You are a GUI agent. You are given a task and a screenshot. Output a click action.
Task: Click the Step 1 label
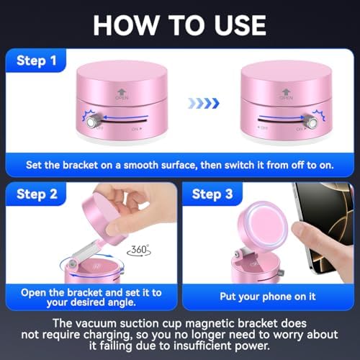tap(37, 61)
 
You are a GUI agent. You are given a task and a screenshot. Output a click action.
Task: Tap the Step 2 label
tap(37, 194)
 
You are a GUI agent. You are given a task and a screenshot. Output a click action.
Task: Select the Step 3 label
tap(212, 194)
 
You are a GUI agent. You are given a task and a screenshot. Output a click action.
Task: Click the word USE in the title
tap(240, 25)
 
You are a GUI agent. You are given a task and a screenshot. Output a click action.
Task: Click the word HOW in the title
tap(125, 25)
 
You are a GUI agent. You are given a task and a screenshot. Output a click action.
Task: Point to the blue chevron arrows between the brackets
tap(204, 103)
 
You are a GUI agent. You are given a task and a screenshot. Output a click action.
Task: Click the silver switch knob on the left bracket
tap(91, 122)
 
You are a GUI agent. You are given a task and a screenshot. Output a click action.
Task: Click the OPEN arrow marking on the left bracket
tap(122, 94)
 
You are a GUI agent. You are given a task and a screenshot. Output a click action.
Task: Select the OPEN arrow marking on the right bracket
tap(286, 94)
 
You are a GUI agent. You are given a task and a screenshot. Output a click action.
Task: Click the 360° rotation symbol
tap(139, 251)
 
